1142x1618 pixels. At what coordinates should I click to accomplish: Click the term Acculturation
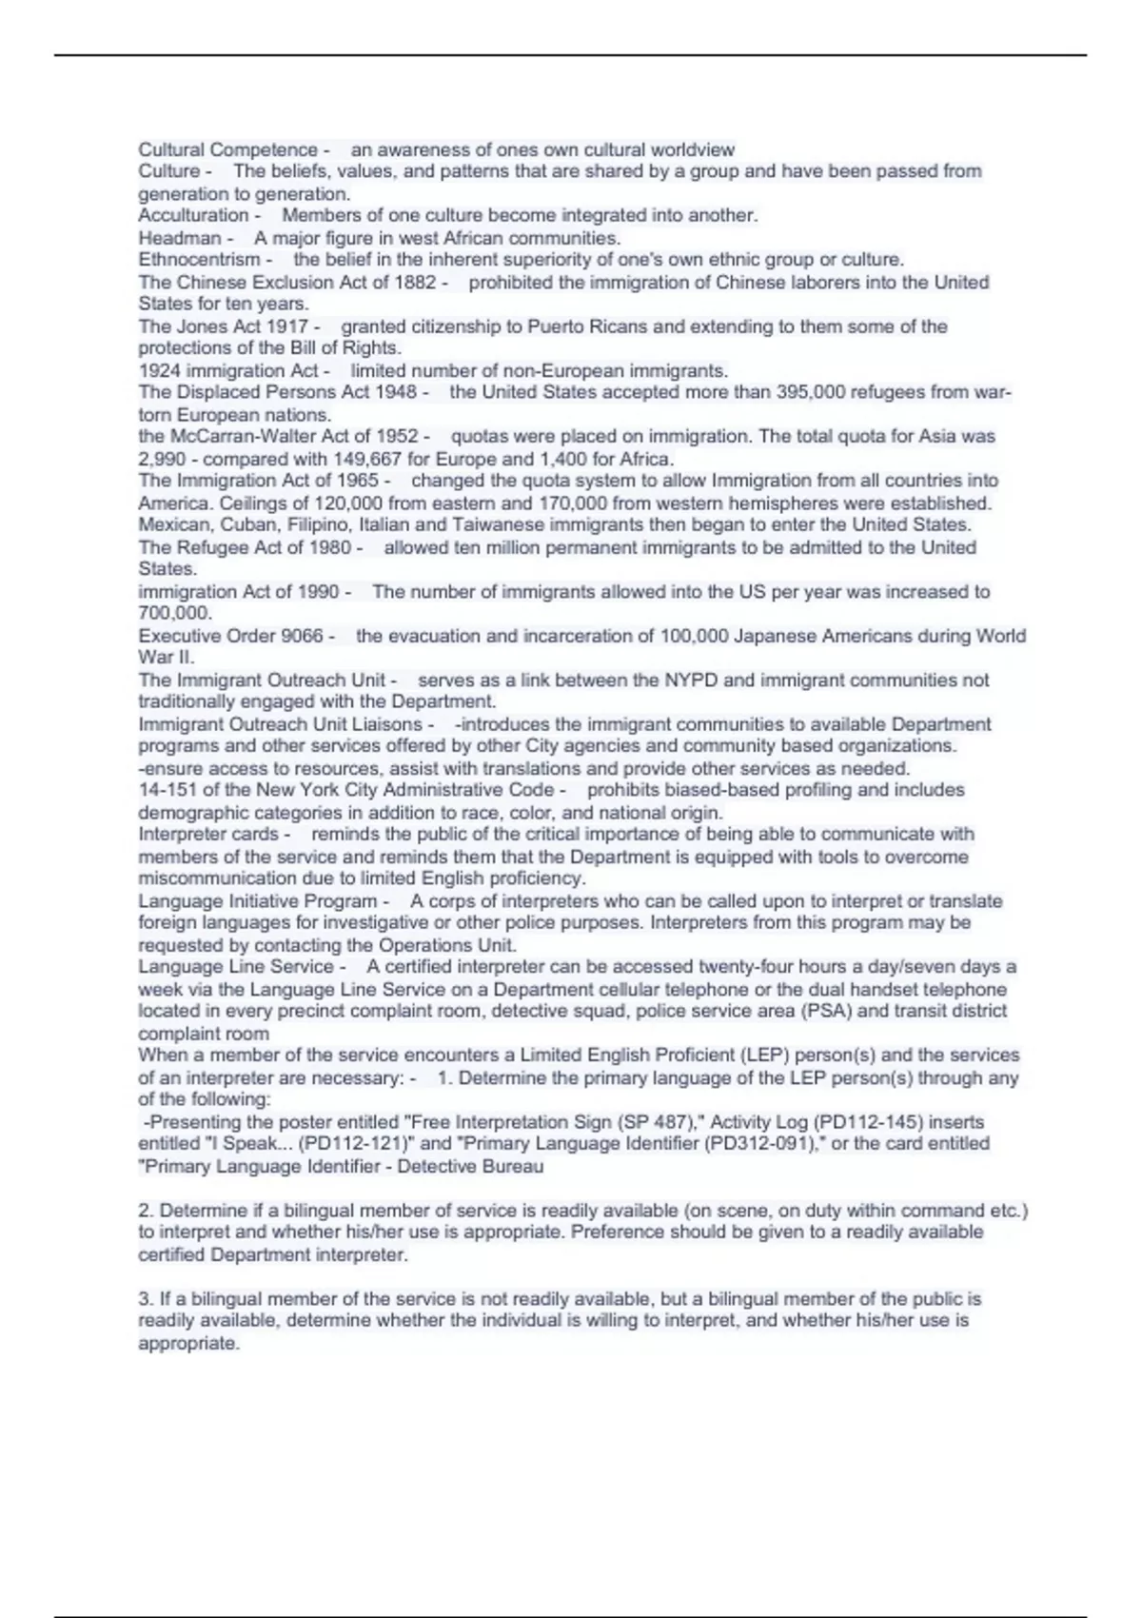pos(193,216)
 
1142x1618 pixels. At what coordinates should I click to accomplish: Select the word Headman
pos(180,238)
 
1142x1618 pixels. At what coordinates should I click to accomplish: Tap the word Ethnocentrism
pos(199,260)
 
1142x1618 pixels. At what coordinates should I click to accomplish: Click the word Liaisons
pos(387,724)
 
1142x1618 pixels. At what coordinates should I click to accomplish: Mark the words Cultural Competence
pos(227,150)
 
